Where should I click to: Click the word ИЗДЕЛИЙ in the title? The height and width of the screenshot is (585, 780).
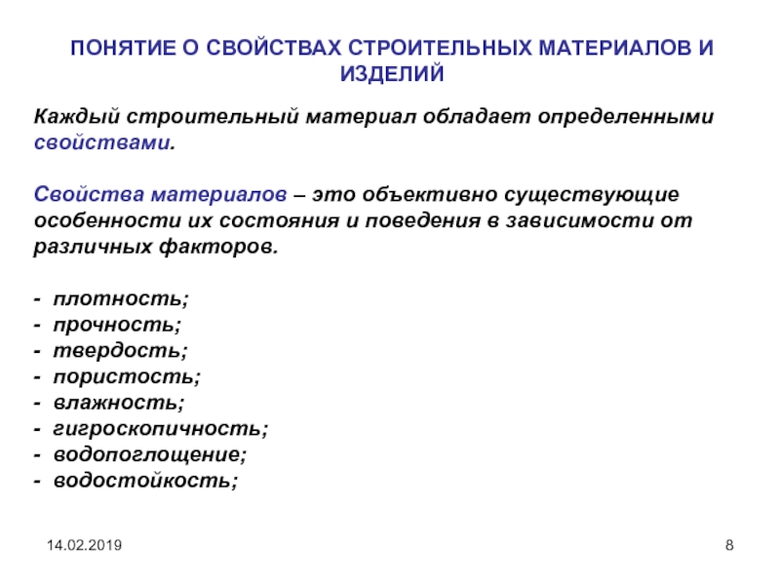392,74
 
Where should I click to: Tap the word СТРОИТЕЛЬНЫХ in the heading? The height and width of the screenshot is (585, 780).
441,48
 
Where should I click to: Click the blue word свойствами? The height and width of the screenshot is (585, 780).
102,142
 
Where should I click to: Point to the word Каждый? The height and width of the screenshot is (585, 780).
77,117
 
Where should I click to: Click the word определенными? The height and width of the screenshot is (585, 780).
626,117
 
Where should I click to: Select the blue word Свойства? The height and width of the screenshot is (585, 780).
89,194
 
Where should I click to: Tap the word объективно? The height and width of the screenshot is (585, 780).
430,194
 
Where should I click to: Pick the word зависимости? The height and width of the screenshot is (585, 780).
579,220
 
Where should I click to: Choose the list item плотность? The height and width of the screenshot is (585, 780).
118,298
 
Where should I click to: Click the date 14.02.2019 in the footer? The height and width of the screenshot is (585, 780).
84,545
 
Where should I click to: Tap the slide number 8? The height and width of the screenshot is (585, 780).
729,545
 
